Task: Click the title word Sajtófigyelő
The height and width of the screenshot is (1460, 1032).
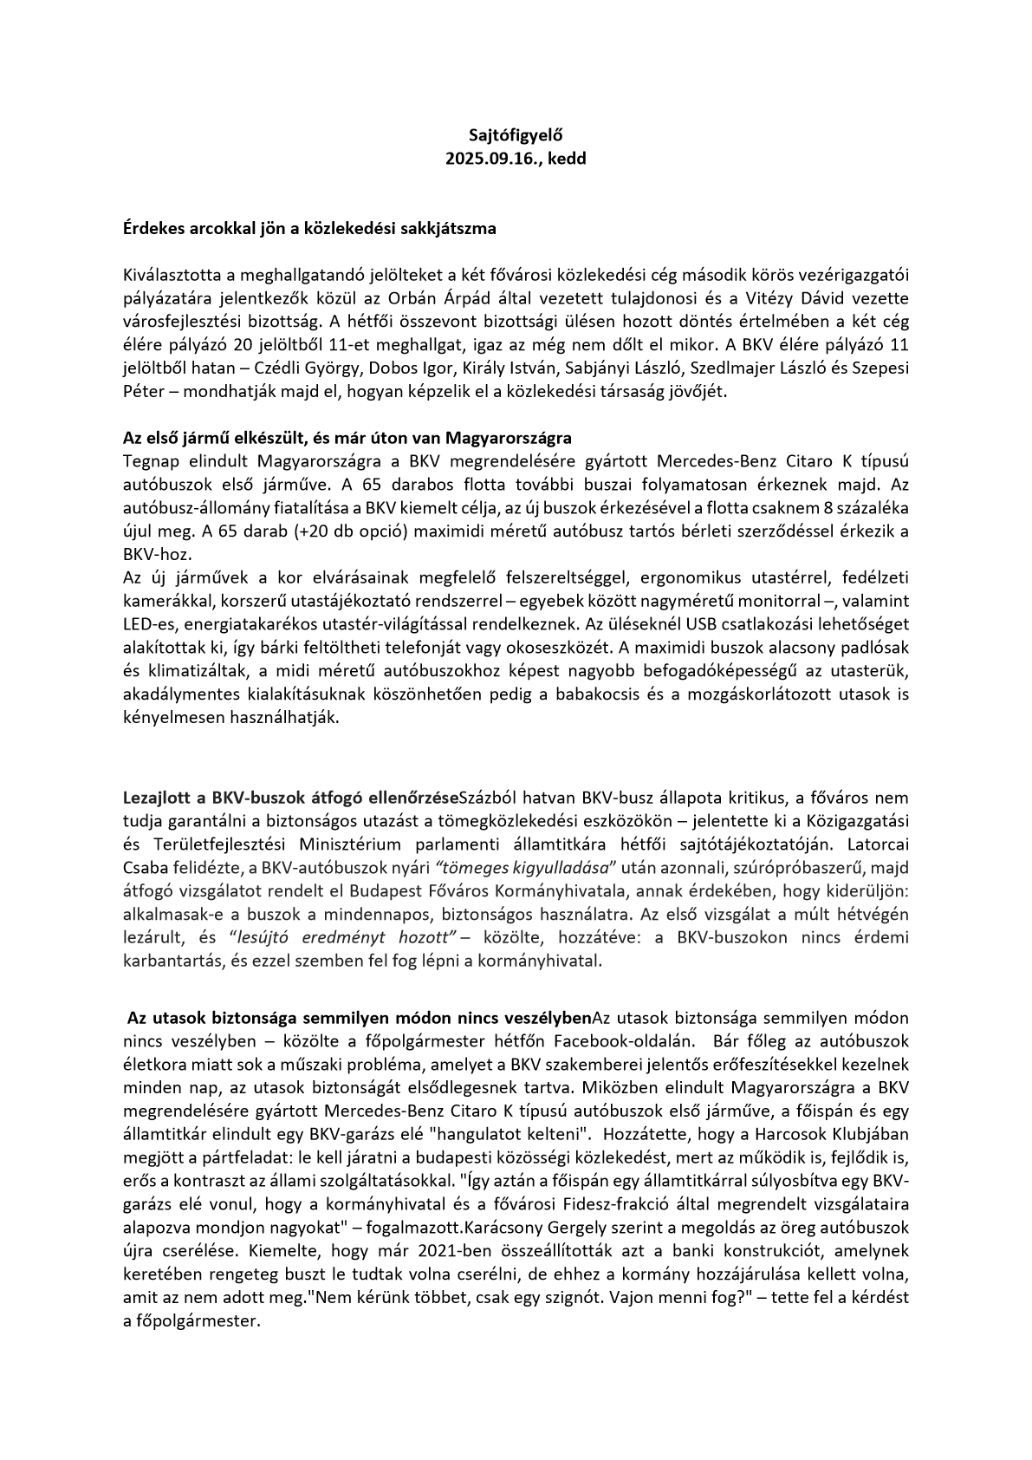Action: coord(516,134)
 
